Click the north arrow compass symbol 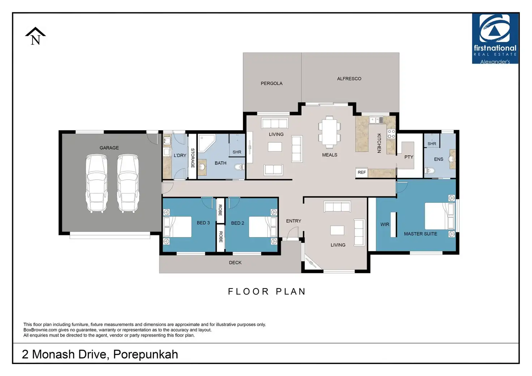[35, 36]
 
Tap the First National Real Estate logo [495, 38]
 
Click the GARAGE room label [109, 148]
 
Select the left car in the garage [96, 183]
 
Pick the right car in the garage [128, 183]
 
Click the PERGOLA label [271, 83]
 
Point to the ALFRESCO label [349, 79]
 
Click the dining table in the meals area [329, 132]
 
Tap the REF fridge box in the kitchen [361, 172]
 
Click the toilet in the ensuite [430, 170]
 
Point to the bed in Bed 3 [178, 227]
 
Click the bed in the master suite [439, 216]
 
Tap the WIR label [385, 224]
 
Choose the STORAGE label [193, 158]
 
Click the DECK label [235, 263]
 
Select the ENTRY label [293, 221]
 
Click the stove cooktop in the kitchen [391, 134]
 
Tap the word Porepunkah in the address [146, 354]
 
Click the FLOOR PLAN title [267, 291]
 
